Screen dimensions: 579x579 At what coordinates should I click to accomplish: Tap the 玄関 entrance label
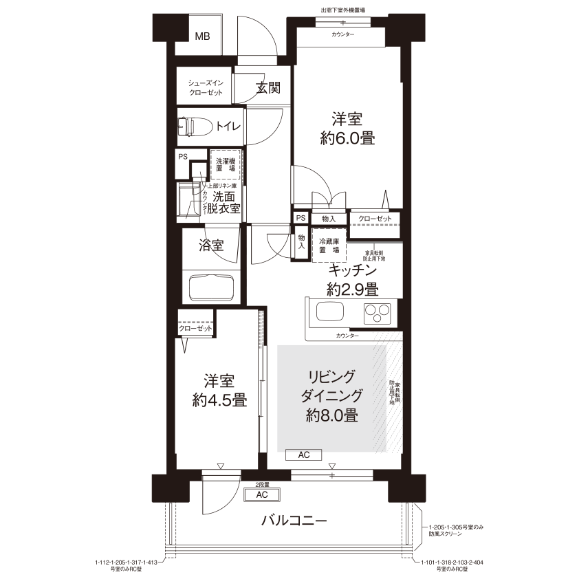point(267,87)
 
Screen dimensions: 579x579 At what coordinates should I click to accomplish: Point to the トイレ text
point(228,127)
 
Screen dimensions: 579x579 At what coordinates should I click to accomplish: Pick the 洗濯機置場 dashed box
point(225,164)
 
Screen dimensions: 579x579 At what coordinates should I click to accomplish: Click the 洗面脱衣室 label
point(226,202)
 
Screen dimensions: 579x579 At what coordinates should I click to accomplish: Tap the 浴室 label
point(211,245)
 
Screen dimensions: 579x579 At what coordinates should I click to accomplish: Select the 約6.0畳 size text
point(347,138)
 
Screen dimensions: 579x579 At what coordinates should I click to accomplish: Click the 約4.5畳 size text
point(219,400)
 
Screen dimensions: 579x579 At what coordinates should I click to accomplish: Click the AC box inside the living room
point(304,455)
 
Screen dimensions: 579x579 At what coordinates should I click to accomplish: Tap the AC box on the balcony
point(261,495)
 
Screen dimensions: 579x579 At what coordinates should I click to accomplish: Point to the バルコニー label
point(293,520)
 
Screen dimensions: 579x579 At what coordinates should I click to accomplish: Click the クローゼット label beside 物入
point(375,219)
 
